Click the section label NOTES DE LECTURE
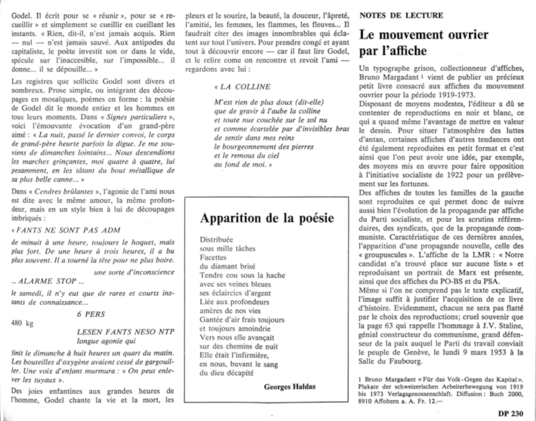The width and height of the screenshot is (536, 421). pyautogui.click(x=401, y=16)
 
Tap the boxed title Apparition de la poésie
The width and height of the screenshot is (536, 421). pyautogui.click(x=267, y=218)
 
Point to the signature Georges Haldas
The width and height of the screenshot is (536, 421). pyautogui.click(x=290, y=387)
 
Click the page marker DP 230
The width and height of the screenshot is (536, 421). pyautogui.click(x=511, y=414)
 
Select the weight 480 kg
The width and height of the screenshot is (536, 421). pyautogui.click(x=22, y=323)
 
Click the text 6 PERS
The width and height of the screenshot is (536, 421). pyautogui.click(x=91, y=314)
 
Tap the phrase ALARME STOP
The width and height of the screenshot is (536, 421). pyautogui.click(x=47, y=281)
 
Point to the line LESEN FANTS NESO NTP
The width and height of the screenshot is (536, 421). pyautogui.click(x=125, y=332)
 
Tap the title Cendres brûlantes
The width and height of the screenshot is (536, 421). pyautogui.click(x=64, y=192)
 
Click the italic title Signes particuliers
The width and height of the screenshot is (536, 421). pyautogui.click(x=136, y=117)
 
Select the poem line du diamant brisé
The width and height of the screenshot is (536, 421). pyautogui.click(x=227, y=266)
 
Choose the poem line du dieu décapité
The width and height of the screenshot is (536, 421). pyautogui.click(x=226, y=373)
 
